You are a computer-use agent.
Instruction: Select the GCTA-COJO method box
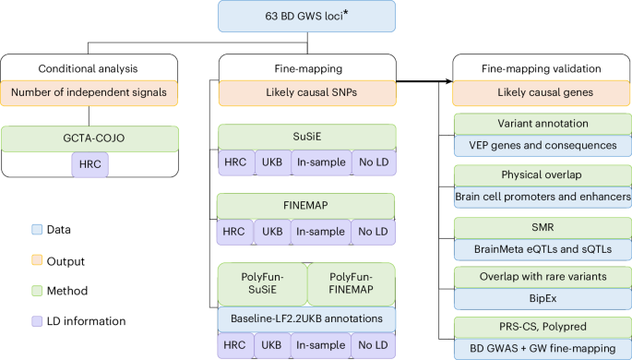(89, 138)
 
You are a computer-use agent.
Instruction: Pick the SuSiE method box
(306, 137)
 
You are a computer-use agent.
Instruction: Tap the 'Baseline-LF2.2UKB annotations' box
(306, 317)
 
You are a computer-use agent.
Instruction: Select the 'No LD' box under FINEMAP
(374, 231)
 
